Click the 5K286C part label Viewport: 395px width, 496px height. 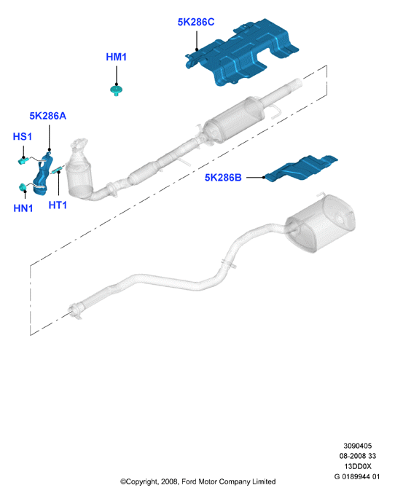pyautogui.click(x=196, y=22)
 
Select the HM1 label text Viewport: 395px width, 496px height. pyautogui.click(x=116, y=57)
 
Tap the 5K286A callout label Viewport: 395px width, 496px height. pyautogui.click(x=48, y=116)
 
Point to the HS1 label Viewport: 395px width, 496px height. pyautogui.click(x=23, y=136)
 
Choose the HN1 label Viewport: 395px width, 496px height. pyautogui.click(x=23, y=208)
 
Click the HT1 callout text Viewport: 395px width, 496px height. pyautogui.click(x=58, y=205)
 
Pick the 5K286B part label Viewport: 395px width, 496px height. pyautogui.click(x=223, y=178)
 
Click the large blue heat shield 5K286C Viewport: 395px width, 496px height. pyautogui.click(x=242, y=52)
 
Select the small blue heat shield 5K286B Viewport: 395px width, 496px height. pyautogui.click(x=301, y=168)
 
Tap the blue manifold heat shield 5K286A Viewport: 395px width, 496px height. pyautogui.click(x=43, y=174)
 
